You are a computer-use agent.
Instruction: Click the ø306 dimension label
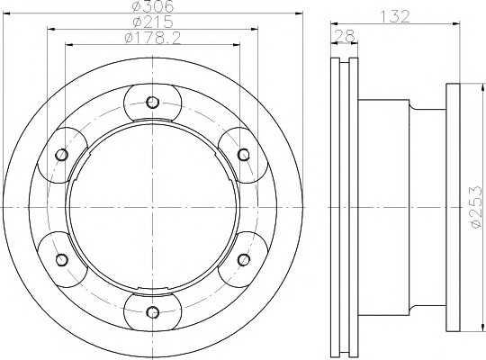click(x=152, y=6)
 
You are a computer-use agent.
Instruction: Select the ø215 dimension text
click(x=152, y=22)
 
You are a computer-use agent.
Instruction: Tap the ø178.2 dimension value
click(x=152, y=38)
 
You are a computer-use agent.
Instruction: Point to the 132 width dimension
click(x=395, y=16)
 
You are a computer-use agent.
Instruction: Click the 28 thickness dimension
click(x=345, y=36)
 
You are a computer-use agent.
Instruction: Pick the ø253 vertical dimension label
click(x=477, y=208)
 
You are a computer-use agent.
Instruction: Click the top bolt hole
click(x=152, y=102)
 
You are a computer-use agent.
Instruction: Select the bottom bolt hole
click(x=152, y=312)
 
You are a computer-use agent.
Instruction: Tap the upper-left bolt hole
click(x=62, y=155)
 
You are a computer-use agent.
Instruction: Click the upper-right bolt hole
click(x=244, y=155)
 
